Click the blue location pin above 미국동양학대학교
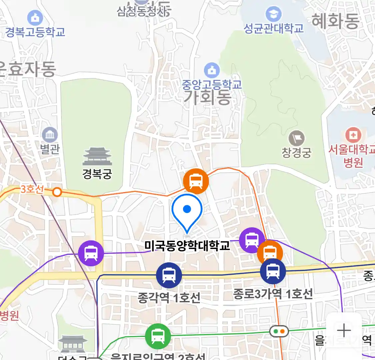coord(187,211)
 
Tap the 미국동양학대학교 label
coord(187,246)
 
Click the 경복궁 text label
coord(97,174)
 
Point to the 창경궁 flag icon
coord(296,139)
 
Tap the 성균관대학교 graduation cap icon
coord(274,14)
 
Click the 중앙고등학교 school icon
coord(212,70)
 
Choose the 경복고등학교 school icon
coord(35,18)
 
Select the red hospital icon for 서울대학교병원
coord(353,135)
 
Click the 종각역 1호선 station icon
coord(169,275)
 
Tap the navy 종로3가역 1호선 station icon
coord(273,271)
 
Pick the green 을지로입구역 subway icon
coord(158,336)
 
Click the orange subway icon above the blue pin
coord(196,181)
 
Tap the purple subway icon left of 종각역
coord(91,253)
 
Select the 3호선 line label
coord(32,189)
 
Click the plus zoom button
coord(344,331)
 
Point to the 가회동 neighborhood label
coord(207,97)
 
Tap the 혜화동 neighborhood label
coord(335,21)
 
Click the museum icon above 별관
coord(50,135)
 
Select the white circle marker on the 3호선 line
coord(57,192)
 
